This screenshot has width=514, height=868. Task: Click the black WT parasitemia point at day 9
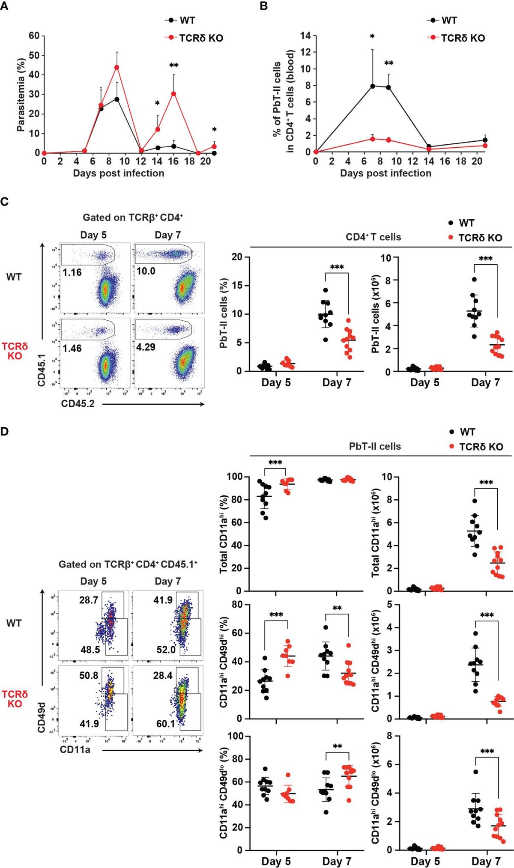point(117,99)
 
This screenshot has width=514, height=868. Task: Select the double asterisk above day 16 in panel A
point(173,66)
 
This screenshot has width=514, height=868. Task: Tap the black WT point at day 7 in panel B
point(373,86)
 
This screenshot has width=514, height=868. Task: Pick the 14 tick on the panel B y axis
point(305,36)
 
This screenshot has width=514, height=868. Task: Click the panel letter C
point(5,201)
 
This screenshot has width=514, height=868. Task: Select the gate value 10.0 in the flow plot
point(146,271)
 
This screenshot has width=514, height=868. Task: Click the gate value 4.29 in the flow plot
point(146,347)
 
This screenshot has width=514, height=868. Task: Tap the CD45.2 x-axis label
point(78,404)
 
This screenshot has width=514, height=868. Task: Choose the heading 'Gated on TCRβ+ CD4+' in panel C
point(133,218)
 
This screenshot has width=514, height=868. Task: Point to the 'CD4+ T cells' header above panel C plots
point(373,237)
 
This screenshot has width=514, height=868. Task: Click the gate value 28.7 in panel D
point(89,600)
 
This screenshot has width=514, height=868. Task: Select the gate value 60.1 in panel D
point(166,724)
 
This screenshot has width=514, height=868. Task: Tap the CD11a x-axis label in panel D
point(75,749)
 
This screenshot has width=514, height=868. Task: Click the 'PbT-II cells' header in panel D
point(375,447)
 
